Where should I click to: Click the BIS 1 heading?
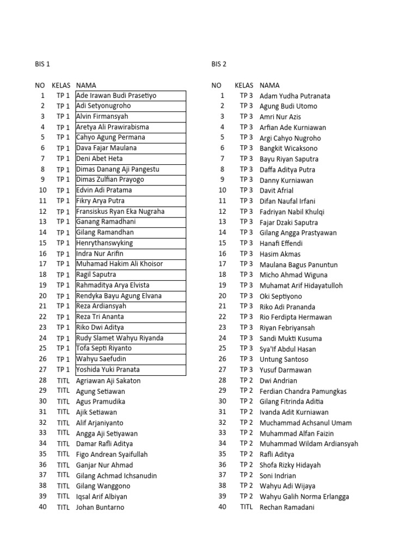click(42, 64)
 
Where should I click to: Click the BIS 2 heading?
click(219, 64)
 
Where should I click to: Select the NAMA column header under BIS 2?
click(269, 85)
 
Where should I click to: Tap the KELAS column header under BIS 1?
click(61, 85)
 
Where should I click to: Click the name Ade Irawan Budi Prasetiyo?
click(116, 96)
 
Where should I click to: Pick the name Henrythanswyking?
click(104, 243)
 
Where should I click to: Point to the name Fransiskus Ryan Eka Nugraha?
click(120, 212)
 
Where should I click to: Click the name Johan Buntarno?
click(100, 508)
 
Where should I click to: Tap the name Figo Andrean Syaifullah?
click(112, 455)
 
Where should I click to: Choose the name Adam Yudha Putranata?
click(294, 96)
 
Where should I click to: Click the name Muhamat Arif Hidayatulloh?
click(301, 286)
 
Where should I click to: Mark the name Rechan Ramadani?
click(287, 508)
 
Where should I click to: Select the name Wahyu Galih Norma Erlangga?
click(304, 497)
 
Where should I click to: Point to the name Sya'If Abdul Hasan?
click(287, 349)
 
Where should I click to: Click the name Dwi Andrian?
click(278, 381)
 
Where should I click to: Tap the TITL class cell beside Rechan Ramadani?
click(247, 507)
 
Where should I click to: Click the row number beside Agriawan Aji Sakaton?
click(42, 380)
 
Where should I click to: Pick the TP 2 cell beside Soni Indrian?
click(247, 475)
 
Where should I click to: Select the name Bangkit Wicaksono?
click(288, 148)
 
